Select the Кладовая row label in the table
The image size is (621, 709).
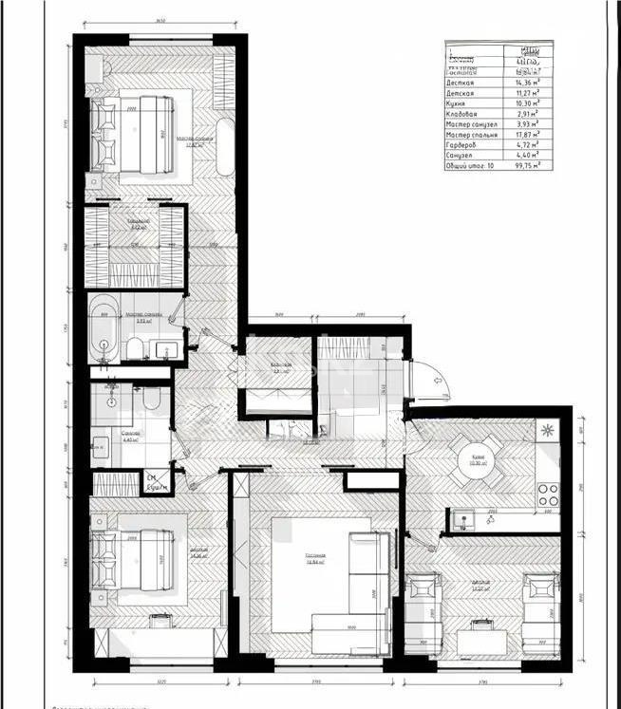464,114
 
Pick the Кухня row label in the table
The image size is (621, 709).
457,103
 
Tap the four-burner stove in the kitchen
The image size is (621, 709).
549,493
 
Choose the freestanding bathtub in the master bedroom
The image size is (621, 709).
225,147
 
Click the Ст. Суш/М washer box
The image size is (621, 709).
155,481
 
